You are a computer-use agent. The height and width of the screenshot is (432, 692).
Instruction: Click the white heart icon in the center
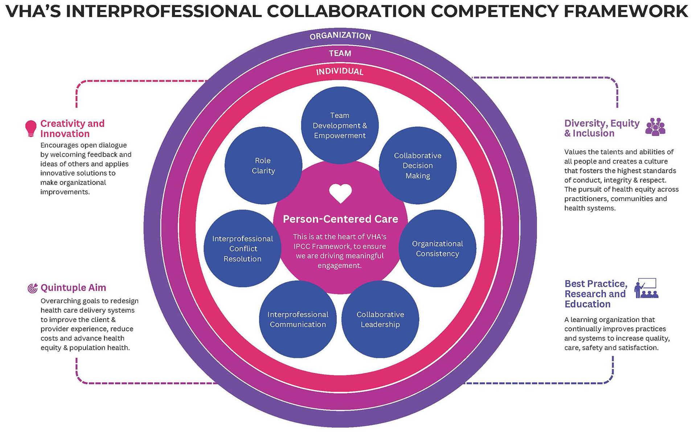click(340, 193)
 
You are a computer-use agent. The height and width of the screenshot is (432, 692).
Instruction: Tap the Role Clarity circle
click(263, 165)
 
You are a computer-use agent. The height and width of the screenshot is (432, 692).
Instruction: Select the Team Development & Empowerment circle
click(340, 125)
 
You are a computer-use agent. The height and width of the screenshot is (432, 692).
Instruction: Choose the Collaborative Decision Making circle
click(418, 165)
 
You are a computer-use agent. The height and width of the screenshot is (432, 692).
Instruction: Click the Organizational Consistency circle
click(437, 248)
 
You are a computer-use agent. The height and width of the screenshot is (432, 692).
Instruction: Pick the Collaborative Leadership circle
click(380, 319)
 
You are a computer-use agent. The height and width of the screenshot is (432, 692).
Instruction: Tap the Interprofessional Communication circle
click(298, 319)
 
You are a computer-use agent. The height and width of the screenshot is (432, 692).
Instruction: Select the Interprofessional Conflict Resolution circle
click(242, 248)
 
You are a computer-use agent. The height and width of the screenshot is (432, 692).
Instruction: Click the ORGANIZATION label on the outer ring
click(340, 36)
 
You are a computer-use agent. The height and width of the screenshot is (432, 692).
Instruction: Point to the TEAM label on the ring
click(340, 53)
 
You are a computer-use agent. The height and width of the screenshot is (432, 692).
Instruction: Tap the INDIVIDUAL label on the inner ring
click(340, 71)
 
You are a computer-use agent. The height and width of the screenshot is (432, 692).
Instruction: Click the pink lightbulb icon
click(31, 128)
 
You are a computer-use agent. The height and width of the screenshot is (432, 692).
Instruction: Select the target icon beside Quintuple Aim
click(33, 288)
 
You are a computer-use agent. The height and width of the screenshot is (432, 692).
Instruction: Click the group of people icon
click(655, 127)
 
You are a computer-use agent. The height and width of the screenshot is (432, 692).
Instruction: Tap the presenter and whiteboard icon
click(646, 288)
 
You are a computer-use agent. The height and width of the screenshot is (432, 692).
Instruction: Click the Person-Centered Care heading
click(340, 219)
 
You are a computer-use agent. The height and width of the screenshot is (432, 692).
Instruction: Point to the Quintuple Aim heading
click(73, 288)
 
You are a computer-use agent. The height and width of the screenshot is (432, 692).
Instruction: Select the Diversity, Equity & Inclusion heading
click(602, 128)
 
